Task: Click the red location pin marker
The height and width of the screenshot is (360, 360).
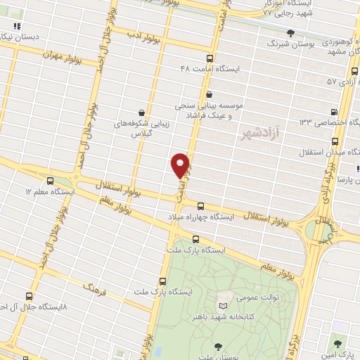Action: coord(181,165)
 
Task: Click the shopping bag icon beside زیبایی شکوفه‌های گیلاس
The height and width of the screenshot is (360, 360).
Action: coord(143,112)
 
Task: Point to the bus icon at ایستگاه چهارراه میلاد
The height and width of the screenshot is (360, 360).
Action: coord(202,206)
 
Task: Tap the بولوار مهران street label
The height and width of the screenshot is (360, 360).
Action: coord(61,56)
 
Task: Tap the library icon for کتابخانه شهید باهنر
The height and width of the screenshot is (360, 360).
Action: coord(224,307)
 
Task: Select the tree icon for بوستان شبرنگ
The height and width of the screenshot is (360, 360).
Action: coord(271,32)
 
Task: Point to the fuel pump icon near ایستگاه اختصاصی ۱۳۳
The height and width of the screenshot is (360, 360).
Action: coord(335,111)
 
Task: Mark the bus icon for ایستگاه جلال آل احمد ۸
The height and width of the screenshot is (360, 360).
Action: coord(30,296)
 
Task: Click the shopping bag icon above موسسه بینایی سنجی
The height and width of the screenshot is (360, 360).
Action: coord(209,94)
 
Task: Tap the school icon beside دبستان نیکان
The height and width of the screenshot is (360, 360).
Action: coord(13,26)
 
